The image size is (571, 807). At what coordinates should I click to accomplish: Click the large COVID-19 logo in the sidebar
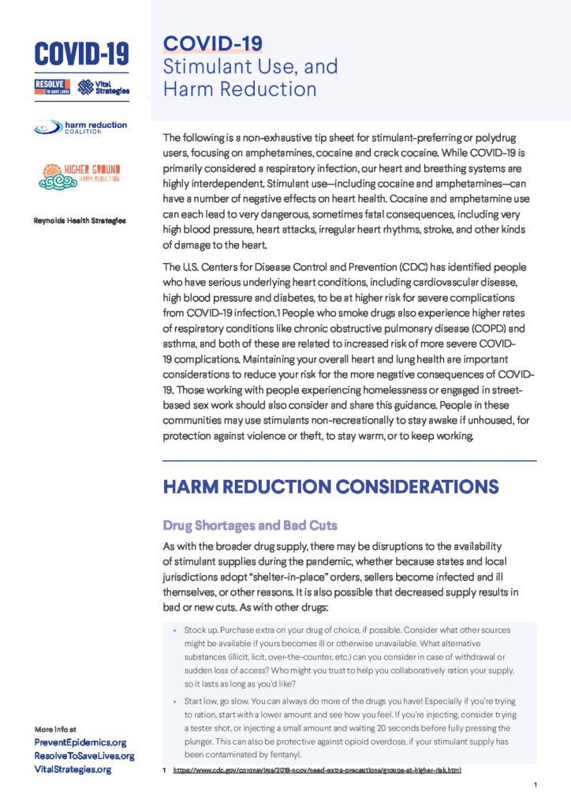point(81,53)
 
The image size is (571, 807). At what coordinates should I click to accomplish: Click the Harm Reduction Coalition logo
point(81,127)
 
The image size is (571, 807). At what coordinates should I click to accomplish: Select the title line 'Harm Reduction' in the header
point(240,88)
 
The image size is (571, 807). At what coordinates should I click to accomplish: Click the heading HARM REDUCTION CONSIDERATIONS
point(330,487)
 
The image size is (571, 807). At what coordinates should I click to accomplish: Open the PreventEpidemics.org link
point(80,742)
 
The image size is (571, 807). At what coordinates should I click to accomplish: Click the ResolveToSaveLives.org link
point(84,756)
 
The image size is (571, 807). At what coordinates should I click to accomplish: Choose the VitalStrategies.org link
point(73,769)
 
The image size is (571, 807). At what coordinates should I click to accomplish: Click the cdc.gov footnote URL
point(317,769)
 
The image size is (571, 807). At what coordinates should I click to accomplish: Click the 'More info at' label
point(55,729)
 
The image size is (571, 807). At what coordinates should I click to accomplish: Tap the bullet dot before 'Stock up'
point(174,631)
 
